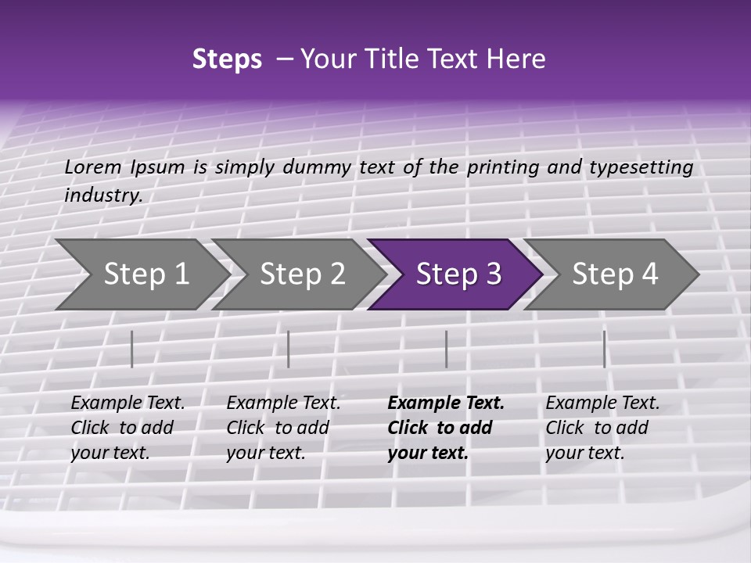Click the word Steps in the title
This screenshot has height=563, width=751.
[227, 59]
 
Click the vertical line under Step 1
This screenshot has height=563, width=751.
[132, 349]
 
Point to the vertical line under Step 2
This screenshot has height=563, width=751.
[289, 349]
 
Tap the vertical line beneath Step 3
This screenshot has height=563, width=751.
[446, 349]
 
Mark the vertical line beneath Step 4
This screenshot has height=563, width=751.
[604, 349]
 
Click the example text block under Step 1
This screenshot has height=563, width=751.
[128, 428]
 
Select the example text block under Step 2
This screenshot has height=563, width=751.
[283, 428]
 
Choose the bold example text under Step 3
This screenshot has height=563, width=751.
[446, 428]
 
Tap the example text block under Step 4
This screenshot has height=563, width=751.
[602, 428]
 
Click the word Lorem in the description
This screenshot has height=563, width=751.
[93, 167]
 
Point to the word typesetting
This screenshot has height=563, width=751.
[641, 167]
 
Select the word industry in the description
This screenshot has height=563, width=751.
[102, 195]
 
